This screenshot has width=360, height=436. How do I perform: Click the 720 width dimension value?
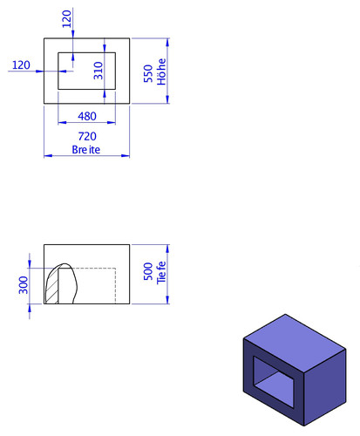coord(87,136)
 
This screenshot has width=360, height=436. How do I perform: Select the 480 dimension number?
coord(87,116)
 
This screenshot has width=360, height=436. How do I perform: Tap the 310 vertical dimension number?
coord(98,71)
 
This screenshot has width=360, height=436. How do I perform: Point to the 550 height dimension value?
coord(148,73)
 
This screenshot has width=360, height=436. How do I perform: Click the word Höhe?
coord(161,72)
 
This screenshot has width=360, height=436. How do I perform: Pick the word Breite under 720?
coord(86,150)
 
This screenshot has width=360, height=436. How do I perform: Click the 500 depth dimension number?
coord(148,271)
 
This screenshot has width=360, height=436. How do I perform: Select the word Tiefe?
coord(161,273)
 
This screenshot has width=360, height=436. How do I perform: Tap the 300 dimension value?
coord(24,285)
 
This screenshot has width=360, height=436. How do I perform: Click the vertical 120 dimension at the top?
coord(67,19)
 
